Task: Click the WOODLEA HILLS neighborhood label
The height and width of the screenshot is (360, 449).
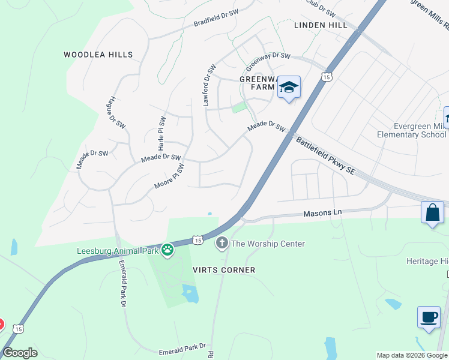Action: (x=98, y=55)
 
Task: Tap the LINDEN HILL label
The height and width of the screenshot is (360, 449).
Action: (x=321, y=25)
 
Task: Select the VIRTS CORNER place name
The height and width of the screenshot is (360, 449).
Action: (x=224, y=270)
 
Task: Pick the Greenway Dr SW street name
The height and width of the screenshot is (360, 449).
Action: (x=268, y=56)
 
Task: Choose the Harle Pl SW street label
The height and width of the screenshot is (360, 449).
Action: (x=161, y=133)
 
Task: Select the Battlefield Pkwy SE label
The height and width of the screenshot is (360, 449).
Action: (x=326, y=155)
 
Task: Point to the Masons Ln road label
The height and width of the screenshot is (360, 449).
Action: (x=322, y=213)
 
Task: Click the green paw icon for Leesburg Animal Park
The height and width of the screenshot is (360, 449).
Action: (x=167, y=249)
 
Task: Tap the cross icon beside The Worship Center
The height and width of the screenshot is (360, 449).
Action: (x=221, y=243)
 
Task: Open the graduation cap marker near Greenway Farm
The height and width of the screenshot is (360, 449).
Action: (x=289, y=88)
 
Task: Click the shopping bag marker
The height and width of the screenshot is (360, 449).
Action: (x=432, y=212)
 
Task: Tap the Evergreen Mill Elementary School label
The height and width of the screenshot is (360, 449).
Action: (x=411, y=130)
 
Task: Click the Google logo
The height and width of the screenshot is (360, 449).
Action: (x=20, y=353)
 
